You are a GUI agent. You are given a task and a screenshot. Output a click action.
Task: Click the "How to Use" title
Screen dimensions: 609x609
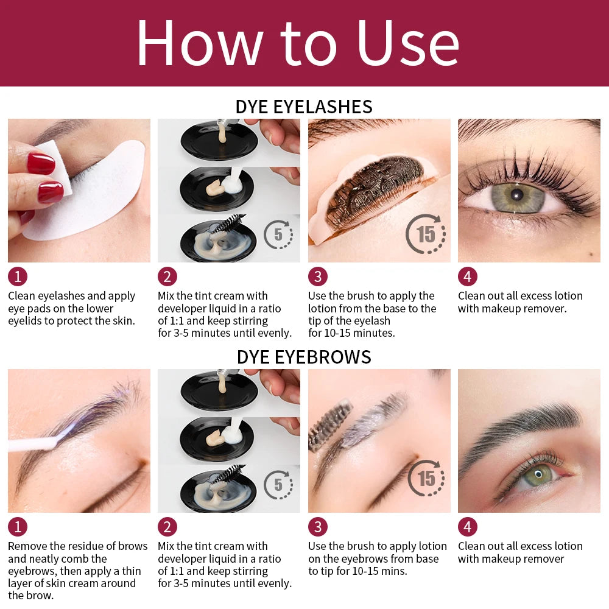(298, 43)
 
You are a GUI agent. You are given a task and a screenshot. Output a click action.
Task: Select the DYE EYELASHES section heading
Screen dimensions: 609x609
(304, 107)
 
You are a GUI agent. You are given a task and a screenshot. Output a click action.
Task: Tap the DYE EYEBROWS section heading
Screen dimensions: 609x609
(304, 356)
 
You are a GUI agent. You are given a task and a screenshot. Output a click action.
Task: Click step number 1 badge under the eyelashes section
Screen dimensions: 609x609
(17, 276)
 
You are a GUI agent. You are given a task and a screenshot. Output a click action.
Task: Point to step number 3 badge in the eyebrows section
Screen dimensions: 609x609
(317, 527)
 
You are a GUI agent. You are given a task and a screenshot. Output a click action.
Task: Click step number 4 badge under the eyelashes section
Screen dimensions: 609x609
(467, 276)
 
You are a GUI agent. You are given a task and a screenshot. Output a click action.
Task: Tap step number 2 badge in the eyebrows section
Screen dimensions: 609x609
(167, 527)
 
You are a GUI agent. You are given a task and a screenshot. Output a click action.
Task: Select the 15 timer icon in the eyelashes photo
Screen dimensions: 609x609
(426, 234)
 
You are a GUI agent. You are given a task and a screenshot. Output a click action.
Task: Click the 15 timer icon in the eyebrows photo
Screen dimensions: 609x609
(426, 479)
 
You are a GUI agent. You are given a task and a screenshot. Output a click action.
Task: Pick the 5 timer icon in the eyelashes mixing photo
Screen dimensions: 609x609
(278, 234)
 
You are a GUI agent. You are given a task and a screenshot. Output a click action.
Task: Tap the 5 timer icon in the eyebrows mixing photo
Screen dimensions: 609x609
(278, 485)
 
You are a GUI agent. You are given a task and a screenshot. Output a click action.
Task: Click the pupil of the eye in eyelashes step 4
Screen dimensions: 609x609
(516, 195)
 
